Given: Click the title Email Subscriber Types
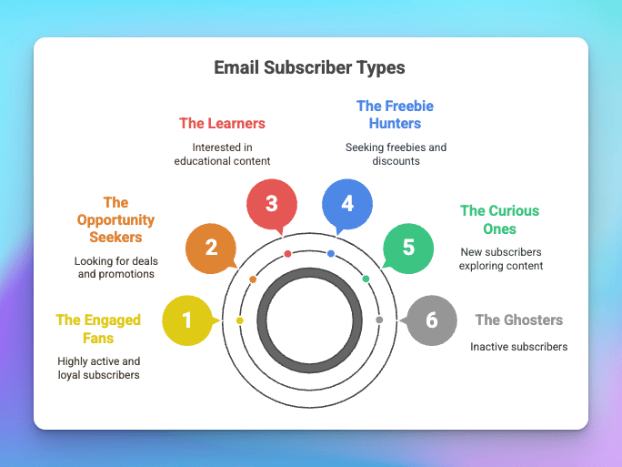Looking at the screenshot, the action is click(309, 67).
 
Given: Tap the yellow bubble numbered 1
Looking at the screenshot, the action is click(187, 320).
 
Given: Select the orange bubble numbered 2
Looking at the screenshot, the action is click(211, 249).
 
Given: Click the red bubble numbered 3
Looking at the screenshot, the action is click(272, 204).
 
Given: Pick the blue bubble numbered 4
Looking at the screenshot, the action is click(347, 204).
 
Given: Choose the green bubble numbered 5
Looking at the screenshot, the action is click(408, 249).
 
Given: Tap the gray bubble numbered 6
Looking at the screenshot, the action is click(432, 320).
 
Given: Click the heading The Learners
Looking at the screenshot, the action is click(222, 124).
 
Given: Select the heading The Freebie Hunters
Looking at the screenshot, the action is click(395, 115).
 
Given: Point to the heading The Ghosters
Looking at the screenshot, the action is click(519, 320).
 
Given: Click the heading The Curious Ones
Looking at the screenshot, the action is click(500, 219).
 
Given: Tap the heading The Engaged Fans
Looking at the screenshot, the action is click(98, 329).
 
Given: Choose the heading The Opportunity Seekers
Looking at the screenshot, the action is click(115, 219).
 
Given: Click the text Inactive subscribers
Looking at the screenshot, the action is click(519, 347).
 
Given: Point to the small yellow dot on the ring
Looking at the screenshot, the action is click(239, 320).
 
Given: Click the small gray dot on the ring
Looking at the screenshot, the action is click(379, 320).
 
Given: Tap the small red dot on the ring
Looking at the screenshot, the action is click(288, 254).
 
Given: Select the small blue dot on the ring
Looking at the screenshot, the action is click(331, 253).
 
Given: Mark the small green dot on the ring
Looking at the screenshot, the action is click(366, 279).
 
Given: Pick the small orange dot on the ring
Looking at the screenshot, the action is click(253, 279).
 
